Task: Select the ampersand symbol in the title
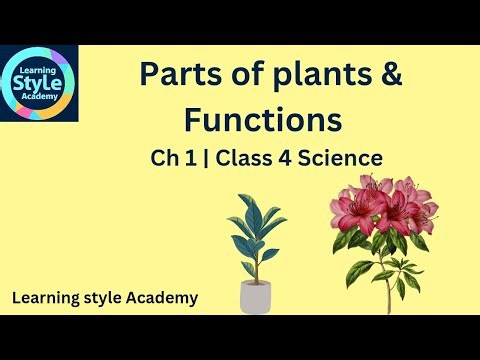(390, 76)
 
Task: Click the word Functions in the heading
(263, 120)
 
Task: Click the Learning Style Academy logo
(39, 83)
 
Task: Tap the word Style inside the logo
(39, 83)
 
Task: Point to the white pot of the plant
(257, 297)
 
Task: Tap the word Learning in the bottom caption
(46, 297)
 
